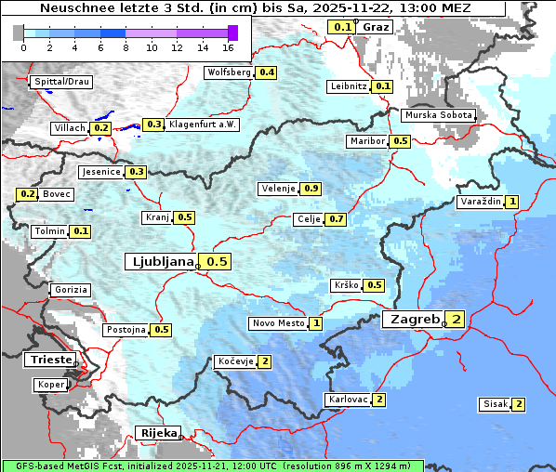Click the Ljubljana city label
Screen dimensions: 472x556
pos(160,261)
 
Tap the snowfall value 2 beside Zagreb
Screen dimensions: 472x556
pos(457,320)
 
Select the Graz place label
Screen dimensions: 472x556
pos(376,27)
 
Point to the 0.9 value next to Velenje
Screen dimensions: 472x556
pos(311,189)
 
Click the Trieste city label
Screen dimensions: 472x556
pos(48,359)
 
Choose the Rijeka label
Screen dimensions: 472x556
pos(156,433)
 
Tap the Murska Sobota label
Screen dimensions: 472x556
pos(438,115)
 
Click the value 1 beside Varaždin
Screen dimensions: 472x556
pos(511,202)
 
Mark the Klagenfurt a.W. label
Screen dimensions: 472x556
pos(203,125)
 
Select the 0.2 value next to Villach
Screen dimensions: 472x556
pos(101,127)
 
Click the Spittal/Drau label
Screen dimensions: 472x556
pos(60,82)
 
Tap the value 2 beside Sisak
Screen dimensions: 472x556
pos(518,404)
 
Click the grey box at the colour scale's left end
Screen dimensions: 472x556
pos(18,33)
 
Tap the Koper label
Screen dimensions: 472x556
pos(50,384)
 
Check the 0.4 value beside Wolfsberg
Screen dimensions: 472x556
pos(267,72)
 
